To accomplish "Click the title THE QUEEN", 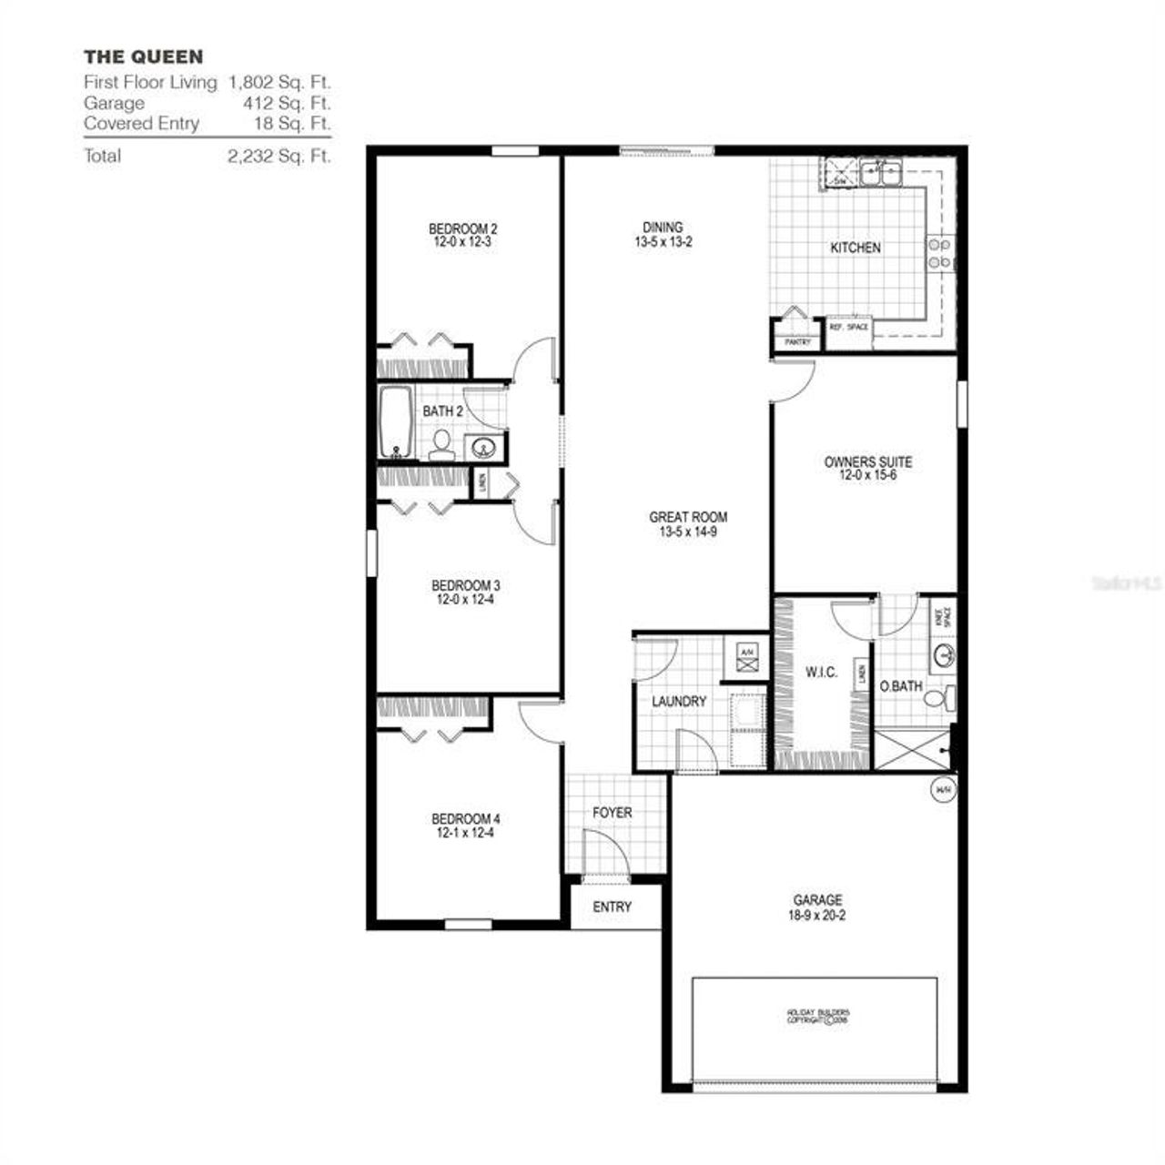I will pyautogui.click(x=144, y=57).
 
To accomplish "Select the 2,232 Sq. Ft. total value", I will pyautogui.click(x=279, y=156).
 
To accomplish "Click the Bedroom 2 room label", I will pyautogui.click(x=462, y=228).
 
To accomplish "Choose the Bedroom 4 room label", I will pyautogui.click(x=465, y=817).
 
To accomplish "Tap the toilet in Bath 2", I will pyautogui.click(x=442, y=444).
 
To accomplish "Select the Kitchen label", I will pyautogui.click(x=856, y=248).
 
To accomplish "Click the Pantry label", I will pyautogui.click(x=797, y=342).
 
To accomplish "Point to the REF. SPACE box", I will pyautogui.click(x=848, y=328).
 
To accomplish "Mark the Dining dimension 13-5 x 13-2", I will pyautogui.click(x=664, y=243).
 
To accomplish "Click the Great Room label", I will pyautogui.click(x=688, y=517).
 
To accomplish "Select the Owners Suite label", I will pyautogui.click(x=867, y=461).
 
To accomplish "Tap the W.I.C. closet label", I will pyautogui.click(x=821, y=673).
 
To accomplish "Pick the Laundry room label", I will pyautogui.click(x=679, y=702).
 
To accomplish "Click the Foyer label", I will pyautogui.click(x=612, y=812).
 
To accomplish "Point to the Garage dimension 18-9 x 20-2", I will pyautogui.click(x=817, y=916).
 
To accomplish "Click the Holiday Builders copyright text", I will pyautogui.click(x=817, y=1016).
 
